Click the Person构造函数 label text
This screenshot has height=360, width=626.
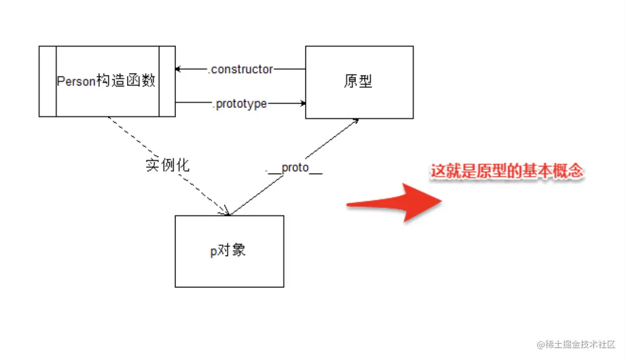106,81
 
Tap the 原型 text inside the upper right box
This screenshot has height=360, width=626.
358,81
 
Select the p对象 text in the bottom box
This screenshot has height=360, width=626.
228,251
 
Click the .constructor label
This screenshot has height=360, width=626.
241,70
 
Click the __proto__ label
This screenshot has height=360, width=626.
294,168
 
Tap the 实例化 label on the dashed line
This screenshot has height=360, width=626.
168,165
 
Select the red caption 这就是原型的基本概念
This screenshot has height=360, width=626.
507,172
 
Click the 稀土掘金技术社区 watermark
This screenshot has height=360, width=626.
576,345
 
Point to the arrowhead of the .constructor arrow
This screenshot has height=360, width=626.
178,70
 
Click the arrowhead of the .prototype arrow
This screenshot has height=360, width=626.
303,103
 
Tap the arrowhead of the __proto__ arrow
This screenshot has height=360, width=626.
356,120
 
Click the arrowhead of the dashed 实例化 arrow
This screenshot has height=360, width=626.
227,212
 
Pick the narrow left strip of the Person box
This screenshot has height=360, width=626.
48,81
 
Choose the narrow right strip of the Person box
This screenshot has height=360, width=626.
167,81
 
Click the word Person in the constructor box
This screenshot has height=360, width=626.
75,81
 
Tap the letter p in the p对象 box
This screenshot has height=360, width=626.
213,252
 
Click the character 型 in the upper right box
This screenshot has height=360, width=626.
366,81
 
